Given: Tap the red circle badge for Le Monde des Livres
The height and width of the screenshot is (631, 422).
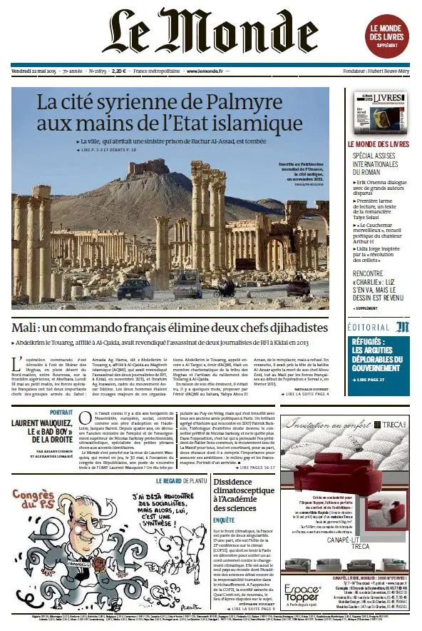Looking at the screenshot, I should click(390, 32).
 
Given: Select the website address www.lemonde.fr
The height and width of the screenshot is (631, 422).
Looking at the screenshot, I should click(203, 71).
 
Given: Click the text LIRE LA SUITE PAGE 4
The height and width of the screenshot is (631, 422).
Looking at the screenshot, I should click(302, 393).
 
